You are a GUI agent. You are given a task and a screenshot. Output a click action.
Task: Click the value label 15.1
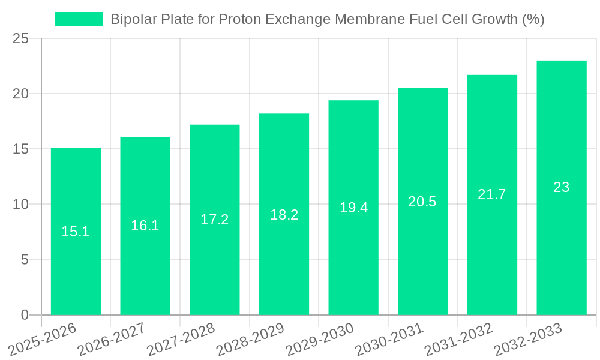click(x=76, y=232)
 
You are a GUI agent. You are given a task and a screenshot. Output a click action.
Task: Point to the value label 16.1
click(x=145, y=226)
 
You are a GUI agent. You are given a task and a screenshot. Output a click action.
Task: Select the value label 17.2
click(x=214, y=220)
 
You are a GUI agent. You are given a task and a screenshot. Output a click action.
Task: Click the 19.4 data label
click(x=353, y=208)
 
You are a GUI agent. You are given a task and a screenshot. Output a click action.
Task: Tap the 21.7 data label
click(x=492, y=194)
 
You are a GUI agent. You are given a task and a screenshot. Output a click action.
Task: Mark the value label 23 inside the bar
click(x=561, y=187)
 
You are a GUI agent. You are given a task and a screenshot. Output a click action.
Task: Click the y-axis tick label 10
click(x=20, y=205)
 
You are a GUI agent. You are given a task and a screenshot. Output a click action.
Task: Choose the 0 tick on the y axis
click(x=25, y=315)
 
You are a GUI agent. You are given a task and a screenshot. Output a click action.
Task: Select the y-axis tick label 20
click(x=20, y=94)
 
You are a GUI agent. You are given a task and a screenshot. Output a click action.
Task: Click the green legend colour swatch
click(x=79, y=19)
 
